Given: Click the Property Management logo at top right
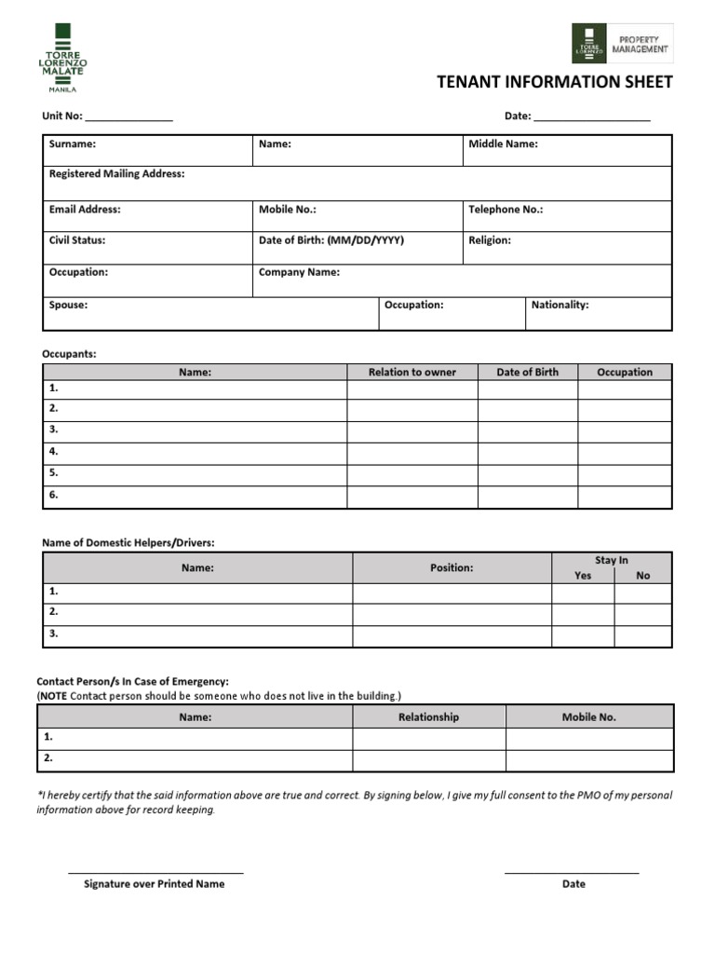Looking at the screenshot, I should [622, 43].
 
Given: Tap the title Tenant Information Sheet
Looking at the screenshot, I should [554, 83].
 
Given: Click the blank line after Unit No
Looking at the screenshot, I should [129, 117].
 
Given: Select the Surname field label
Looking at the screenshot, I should [72, 144].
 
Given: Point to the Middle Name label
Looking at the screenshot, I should [503, 144].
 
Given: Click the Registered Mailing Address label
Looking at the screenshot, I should [116, 174].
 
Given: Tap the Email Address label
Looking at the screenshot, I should [84, 210].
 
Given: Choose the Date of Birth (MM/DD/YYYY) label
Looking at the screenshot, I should [331, 240].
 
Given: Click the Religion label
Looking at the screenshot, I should [489, 240].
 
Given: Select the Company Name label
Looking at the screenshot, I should [299, 273].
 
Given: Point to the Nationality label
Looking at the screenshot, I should [560, 305].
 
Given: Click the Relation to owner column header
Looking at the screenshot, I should [412, 372].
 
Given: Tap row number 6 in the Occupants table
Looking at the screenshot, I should [54, 495].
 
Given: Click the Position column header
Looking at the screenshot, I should [452, 567].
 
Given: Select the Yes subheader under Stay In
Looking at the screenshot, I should [583, 576].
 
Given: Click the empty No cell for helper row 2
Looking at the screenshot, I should [642, 613].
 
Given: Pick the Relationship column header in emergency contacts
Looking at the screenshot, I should [428, 717].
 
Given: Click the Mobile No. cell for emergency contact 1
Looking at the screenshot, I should [588, 738].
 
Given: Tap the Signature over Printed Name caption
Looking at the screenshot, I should [154, 884].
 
